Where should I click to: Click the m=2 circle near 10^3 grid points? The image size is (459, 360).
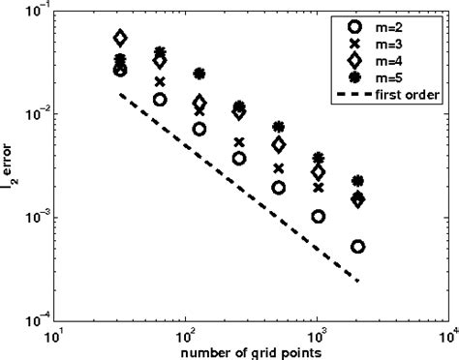(x=319, y=217)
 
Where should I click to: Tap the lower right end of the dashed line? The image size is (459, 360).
(x=357, y=282)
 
